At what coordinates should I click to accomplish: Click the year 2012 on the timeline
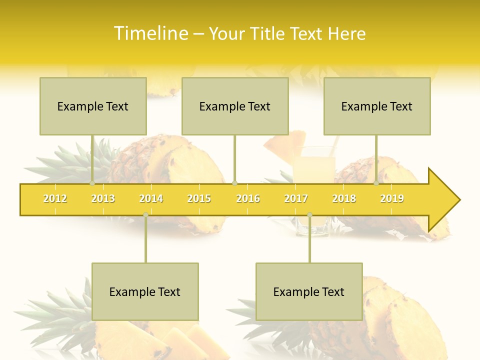55,198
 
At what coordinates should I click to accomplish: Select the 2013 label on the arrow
103,198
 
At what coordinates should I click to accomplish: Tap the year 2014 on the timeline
151,198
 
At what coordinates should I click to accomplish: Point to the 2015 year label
199,198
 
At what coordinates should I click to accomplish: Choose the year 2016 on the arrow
248,198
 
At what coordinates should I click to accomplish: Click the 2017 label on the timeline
296,198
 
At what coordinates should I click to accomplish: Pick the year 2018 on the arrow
344,198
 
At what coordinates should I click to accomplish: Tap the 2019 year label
392,198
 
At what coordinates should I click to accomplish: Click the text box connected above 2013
93,106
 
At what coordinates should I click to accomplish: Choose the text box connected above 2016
235,106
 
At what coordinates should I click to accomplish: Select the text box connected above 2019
377,106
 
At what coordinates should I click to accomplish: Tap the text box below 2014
145,291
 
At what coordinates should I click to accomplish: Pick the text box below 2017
309,291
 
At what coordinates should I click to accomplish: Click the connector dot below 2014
145,214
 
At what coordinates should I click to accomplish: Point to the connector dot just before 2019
376,183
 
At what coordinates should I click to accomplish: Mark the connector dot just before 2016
235,183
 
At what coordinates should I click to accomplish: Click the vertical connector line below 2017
309,240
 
